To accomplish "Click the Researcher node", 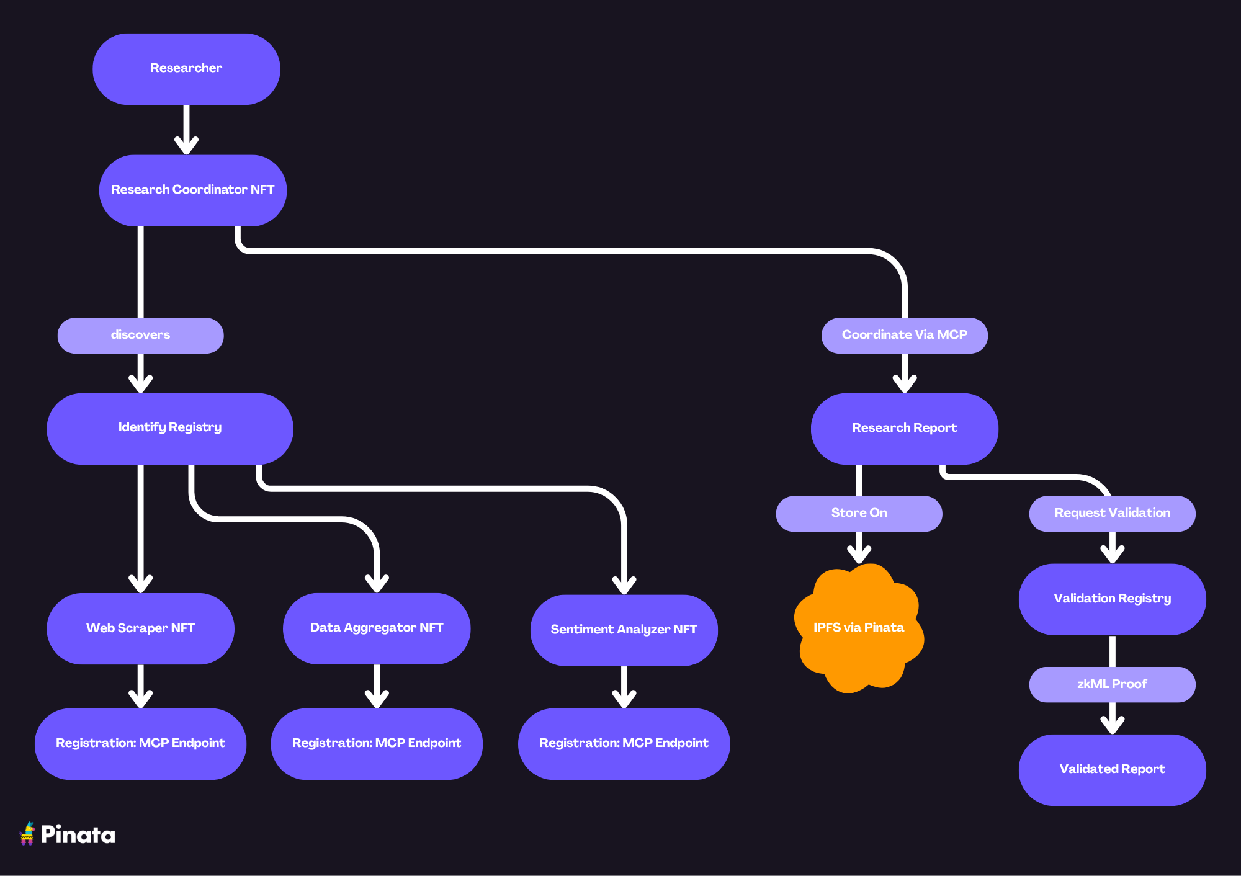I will [x=186, y=69].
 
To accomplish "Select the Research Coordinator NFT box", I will [x=192, y=190].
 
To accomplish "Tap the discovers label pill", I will [x=140, y=335].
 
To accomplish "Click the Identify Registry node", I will [x=169, y=428].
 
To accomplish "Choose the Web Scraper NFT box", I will [x=140, y=628].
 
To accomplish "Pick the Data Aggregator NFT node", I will [x=376, y=628].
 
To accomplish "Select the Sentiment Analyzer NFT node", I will [x=624, y=630].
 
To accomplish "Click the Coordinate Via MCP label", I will [x=904, y=335].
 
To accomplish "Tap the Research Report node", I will [x=904, y=428].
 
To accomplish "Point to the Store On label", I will [x=859, y=513].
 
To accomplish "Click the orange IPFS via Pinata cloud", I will [x=859, y=628].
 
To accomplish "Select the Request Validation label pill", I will [x=1112, y=513].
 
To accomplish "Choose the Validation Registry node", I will [x=1112, y=599].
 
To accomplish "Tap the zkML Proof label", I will [x=1112, y=684].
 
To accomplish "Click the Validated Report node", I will [x=1112, y=769].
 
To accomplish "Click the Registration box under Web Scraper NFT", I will [x=140, y=743].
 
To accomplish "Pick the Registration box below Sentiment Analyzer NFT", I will [x=624, y=743].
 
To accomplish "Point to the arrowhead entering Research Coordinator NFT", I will [x=186, y=146].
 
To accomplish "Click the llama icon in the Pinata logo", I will [x=27, y=834].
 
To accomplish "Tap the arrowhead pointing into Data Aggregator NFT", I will [x=377, y=584].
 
